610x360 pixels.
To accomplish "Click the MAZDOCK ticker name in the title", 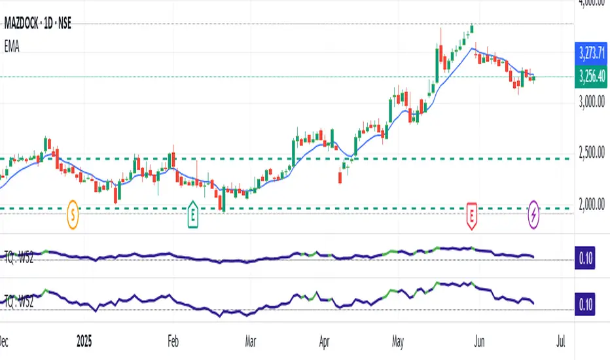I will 26,26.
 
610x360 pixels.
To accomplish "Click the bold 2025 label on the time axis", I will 84,342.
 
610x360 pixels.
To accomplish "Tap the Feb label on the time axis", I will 173,342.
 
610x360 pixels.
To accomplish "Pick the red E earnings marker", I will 472,213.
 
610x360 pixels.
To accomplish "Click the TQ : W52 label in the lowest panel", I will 19,302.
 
